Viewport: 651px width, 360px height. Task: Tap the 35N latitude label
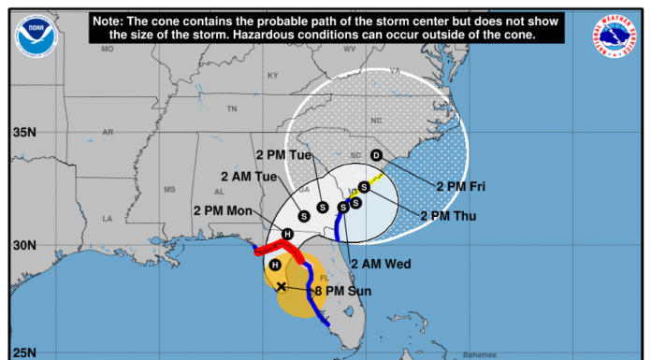pyautogui.click(x=23, y=132)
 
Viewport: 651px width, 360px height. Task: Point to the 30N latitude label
pyautogui.click(x=23, y=245)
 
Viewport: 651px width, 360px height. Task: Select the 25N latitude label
pyautogui.click(x=23, y=353)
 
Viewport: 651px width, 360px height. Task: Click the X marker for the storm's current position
pyautogui.click(x=282, y=286)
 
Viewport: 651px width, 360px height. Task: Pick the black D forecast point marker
pyautogui.click(x=376, y=155)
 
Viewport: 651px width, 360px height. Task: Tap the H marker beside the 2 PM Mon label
pyautogui.click(x=288, y=234)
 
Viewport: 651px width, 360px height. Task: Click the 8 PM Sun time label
pyautogui.click(x=342, y=292)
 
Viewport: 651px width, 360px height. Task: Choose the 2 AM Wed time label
pyautogui.click(x=383, y=265)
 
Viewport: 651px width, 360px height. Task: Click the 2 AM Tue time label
pyautogui.click(x=251, y=176)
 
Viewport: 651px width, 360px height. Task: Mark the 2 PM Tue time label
pyautogui.click(x=284, y=153)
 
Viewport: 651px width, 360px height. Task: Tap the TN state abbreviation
pyautogui.click(x=231, y=108)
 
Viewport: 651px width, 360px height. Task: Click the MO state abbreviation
pyautogui.click(x=108, y=48)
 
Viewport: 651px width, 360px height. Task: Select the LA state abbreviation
pyautogui.click(x=108, y=218)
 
